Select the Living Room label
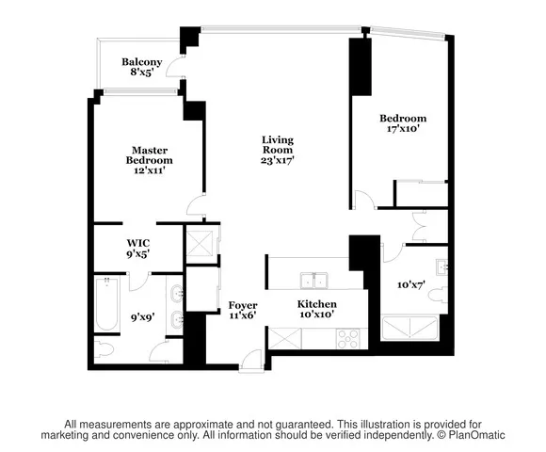pyautogui.click(x=278, y=150)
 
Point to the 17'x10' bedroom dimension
pyautogui.click(x=403, y=130)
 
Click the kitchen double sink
pyautogui.click(x=313, y=280)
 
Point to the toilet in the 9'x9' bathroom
pyautogui.click(x=106, y=349)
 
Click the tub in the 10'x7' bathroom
pyautogui.click(x=409, y=328)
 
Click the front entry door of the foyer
pyautogui.click(x=250, y=359)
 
